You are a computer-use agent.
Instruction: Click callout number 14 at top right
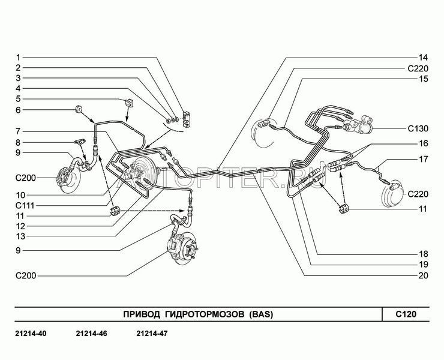(x=423, y=58)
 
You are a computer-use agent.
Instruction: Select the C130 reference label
(x=418, y=128)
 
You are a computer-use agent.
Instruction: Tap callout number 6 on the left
(x=18, y=110)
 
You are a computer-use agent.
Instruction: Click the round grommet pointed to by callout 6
(x=79, y=109)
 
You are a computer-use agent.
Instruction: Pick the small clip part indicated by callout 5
(x=129, y=103)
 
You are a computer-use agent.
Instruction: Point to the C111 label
(x=25, y=205)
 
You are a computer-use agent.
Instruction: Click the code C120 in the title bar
(x=406, y=314)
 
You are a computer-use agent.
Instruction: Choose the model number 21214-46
(x=91, y=334)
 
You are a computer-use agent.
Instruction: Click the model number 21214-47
(x=152, y=334)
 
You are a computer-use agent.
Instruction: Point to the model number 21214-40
(x=31, y=334)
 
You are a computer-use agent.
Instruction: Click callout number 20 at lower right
(x=423, y=275)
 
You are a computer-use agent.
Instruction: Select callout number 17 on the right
(x=424, y=159)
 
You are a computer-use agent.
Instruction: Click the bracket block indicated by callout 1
(x=186, y=119)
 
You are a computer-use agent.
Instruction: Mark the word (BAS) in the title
(x=262, y=314)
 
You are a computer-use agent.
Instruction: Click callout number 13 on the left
(x=20, y=236)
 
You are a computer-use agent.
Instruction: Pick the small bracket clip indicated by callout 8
(x=80, y=142)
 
